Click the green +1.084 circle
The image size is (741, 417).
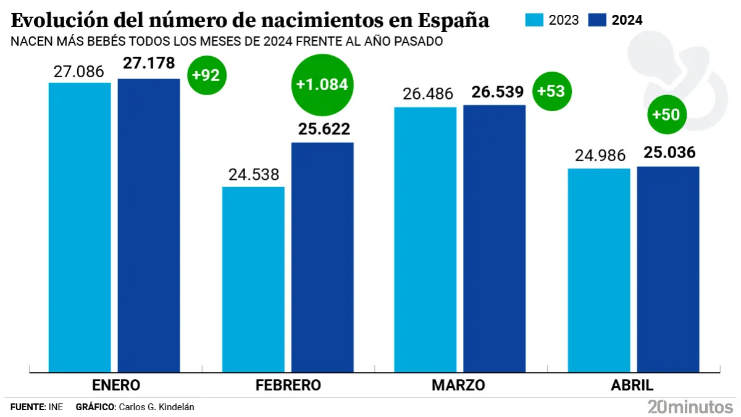pyautogui.click(x=322, y=85)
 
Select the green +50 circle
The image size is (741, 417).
pyautogui.click(x=666, y=115)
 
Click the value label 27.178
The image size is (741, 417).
pyautogui.click(x=149, y=64)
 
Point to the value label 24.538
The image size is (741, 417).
pyautogui.click(x=254, y=175)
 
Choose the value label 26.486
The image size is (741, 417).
pyautogui.click(x=427, y=95)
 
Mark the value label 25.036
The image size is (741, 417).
pyautogui.click(x=669, y=152)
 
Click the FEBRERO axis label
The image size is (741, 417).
pyautogui.click(x=288, y=385)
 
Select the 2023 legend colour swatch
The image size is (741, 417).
pyautogui.click(x=535, y=20)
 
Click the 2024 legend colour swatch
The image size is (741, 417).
pyautogui.click(x=597, y=20)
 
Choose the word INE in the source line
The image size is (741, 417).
pyautogui.click(x=56, y=407)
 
